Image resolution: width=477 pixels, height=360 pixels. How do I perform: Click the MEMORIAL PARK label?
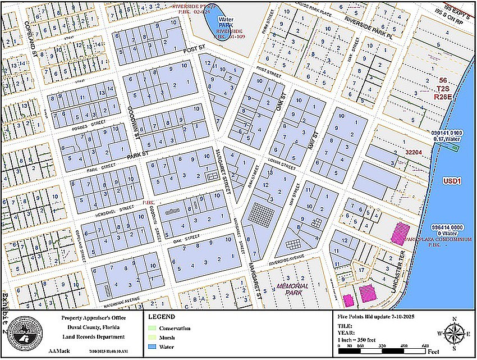pos(293,289)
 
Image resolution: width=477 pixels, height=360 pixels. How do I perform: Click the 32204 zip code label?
pos(414,152)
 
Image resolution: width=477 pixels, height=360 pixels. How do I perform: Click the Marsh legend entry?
pos(168,338)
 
